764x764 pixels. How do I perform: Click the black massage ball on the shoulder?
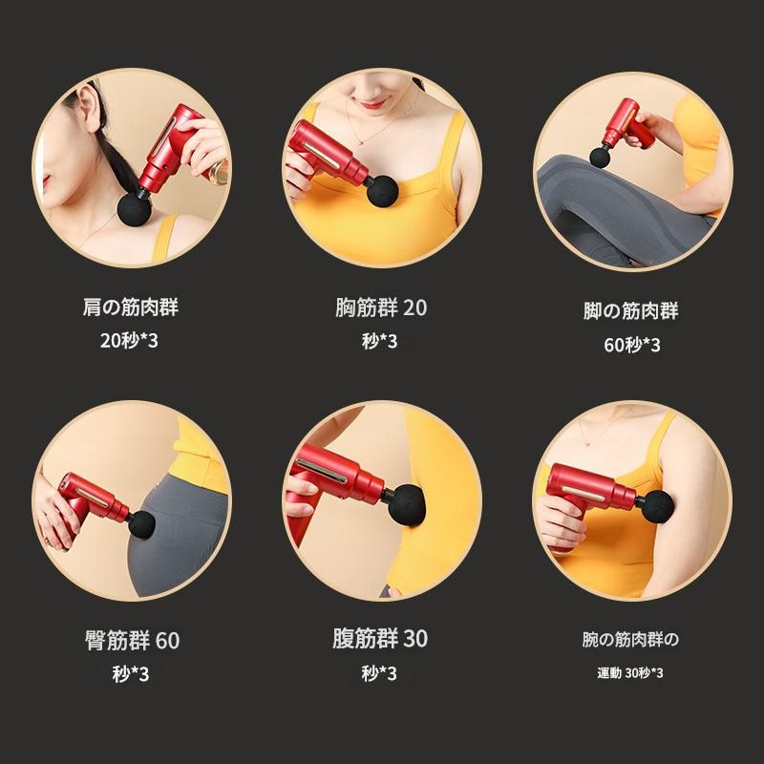point(134,209)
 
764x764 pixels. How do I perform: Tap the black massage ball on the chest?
point(383,190)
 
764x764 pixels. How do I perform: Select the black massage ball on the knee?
point(600,157)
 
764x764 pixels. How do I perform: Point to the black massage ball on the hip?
point(141,524)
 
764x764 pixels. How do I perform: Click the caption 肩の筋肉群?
point(131,308)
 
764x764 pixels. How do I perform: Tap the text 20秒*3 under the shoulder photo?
point(129,340)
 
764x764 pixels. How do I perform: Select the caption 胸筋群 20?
point(381,308)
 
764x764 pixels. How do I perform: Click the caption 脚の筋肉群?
point(630,310)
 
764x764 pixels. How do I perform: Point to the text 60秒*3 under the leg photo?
point(632,345)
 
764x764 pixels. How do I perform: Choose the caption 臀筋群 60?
point(133,640)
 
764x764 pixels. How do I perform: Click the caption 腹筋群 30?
point(380,638)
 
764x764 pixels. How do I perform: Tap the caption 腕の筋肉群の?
point(630,639)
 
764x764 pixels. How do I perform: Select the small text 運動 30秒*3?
point(630,673)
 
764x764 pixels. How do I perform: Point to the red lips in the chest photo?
point(373,104)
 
